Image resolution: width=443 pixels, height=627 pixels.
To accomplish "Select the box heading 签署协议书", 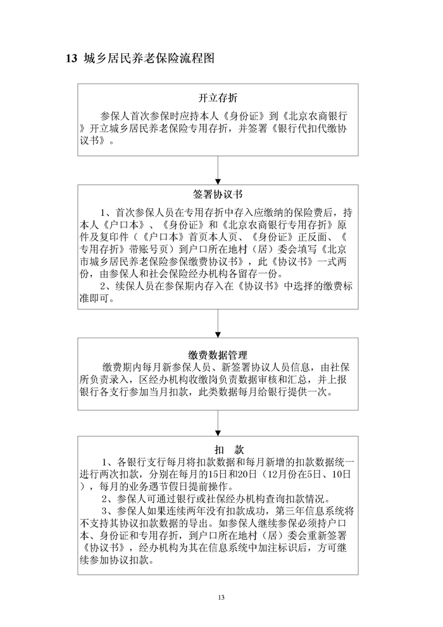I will coord(218,194).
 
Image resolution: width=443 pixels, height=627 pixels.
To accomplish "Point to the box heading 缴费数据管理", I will coord(218,355).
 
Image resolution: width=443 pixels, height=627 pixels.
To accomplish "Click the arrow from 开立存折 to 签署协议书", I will coord(218,168).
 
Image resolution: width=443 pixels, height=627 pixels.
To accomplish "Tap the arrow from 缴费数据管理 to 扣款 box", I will coord(218,421).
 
